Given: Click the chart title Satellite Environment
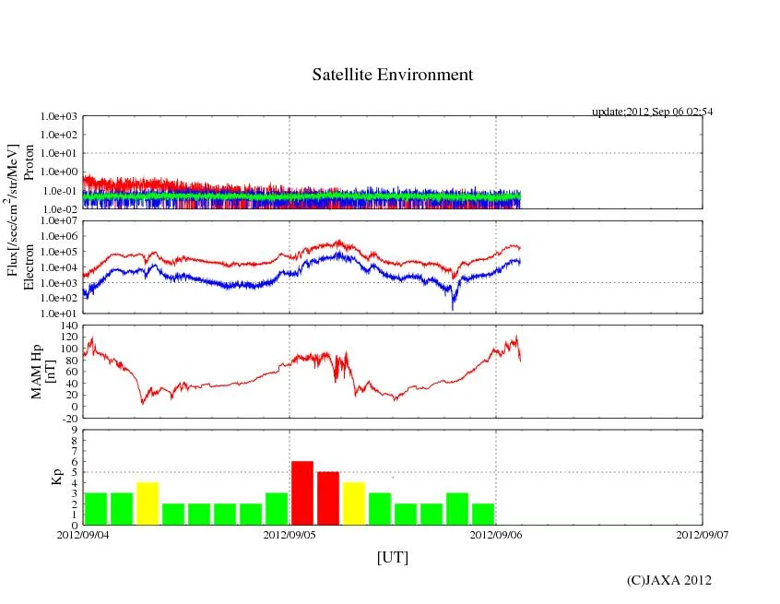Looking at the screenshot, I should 392,75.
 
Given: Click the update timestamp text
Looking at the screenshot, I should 653,112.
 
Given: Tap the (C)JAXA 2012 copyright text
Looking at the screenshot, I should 668,580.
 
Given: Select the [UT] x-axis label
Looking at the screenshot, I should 392,557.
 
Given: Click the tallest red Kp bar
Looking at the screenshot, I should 302,492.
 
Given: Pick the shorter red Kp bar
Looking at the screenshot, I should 328,498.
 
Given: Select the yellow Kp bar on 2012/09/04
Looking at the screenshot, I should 148,503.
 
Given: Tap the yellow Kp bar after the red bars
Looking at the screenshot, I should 354,503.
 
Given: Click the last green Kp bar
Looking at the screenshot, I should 483,514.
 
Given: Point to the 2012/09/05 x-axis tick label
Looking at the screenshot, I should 290,534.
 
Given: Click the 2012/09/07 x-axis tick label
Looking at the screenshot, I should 702,534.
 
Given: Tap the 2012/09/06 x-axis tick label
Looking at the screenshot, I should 496,534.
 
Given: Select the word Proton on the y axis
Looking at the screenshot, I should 28,162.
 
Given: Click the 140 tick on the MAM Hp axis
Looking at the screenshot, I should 67,326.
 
